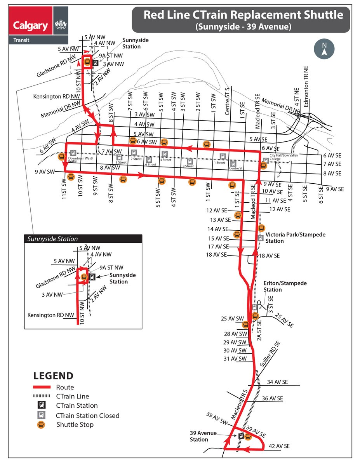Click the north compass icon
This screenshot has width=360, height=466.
coord(324,50)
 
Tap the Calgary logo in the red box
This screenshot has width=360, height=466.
coord(31,26)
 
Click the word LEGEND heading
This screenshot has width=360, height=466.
coord(53,376)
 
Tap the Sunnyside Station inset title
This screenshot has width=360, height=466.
coord(52,239)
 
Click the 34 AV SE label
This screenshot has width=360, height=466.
coord(277,383)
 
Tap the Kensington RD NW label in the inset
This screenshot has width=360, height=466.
coord(50,315)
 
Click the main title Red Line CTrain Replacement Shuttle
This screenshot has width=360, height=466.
coord(243,15)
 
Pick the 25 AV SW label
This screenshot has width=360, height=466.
coord(232,319)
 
